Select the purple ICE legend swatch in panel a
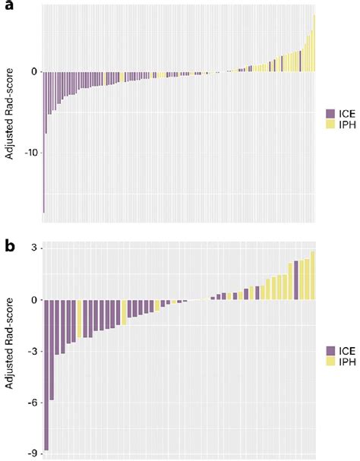tap(330, 112)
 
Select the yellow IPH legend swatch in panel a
tap(330, 123)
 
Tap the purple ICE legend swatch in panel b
tap(330, 351)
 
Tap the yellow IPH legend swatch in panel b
tap(330, 362)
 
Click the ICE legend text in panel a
tap(346, 112)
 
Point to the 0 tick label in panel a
tap(33, 71)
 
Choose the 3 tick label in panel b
tap(33, 248)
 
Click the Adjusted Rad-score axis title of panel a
tap(9, 113)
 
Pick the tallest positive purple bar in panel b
tap(296, 280)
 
